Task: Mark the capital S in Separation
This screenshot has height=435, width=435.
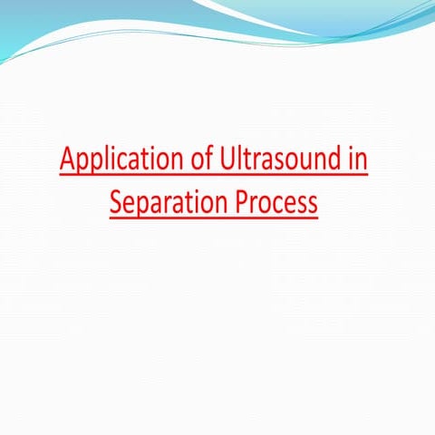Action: click(116, 200)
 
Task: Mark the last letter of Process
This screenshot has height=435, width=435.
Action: click(312, 203)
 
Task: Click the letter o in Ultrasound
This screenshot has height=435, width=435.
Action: click(287, 164)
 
